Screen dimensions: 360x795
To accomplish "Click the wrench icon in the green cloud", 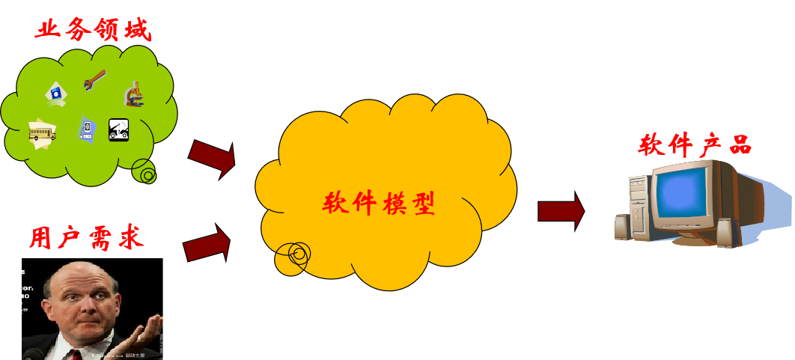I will coord(95,79).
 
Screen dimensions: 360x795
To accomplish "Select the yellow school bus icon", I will coord(42,132).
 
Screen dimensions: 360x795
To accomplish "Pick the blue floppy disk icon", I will coord(56,93).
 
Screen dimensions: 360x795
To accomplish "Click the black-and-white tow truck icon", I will coord(120,130).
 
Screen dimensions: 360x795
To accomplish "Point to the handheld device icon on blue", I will coord(87,129).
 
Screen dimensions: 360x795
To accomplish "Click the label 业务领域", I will coord(93,30).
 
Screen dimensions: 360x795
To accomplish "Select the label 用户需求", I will coord(86,237).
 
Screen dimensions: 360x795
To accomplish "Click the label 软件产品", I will coord(695,144).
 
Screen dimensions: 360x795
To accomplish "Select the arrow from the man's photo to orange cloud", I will coord(207,244).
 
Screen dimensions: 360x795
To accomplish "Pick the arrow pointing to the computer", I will coord(561,211).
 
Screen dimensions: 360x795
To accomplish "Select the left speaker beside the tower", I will coord(622,228).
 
